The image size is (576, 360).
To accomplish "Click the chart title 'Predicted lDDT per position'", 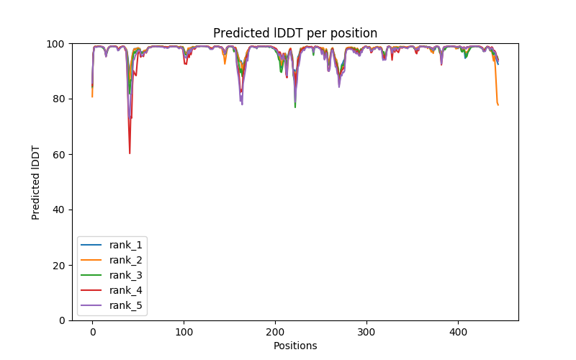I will pyautogui.click(x=295, y=33).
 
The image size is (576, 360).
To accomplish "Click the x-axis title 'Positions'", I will pyautogui.click(x=295, y=346).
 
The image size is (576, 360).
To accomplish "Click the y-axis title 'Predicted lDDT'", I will pyautogui.click(x=36, y=181).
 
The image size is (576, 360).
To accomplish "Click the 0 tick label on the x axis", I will pyautogui.click(x=92, y=332).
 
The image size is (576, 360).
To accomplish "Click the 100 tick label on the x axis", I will pyautogui.click(x=184, y=332).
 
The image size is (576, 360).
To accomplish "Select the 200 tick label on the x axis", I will pyautogui.click(x=275, y=332).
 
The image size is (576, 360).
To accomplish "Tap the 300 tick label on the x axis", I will pyautogui.click(x=366, y=332).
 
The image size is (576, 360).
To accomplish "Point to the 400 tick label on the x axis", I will pyautogui.click(x=458, y=332).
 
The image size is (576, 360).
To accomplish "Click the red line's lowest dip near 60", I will pyautogui.click(x=130, y=153).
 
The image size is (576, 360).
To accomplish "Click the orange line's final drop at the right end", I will pyautogui.click(x=498, y=104).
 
